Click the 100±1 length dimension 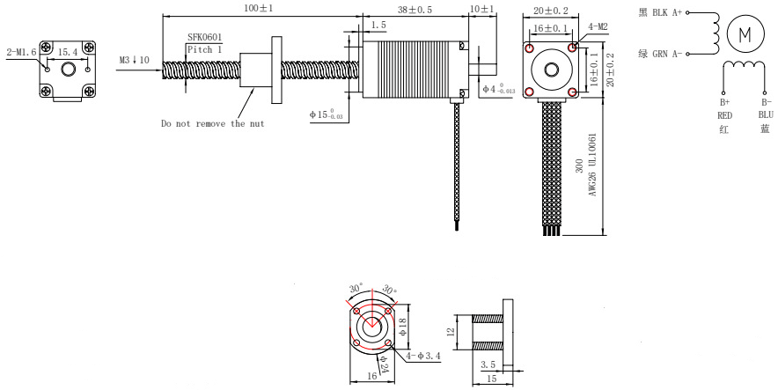coord(259,8)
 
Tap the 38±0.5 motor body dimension coord(415,10)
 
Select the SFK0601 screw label coord(204,37)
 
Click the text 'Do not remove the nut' coord(212,123)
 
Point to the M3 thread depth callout coord(134,60)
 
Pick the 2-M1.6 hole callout coord(21,52)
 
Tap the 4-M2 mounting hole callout coord(598,26)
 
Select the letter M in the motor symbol coord(745,34)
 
